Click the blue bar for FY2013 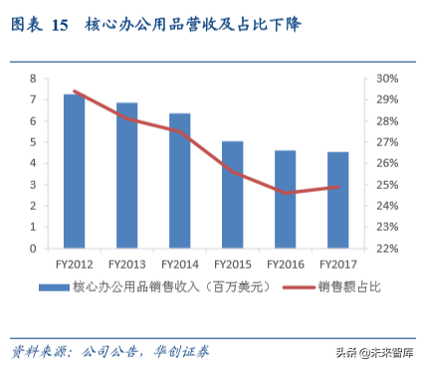[x=126, y=175]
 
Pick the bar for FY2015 [x=232, y=195]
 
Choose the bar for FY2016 [x=285, y=199]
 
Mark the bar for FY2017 [x=337, y=200]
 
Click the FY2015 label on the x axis [x=232, y=264]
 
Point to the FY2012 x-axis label [x=74, y=264]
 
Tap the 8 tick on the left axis [x=34, y=79]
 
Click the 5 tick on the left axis [x=34, y=142]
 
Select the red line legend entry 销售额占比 [x=349, y=287]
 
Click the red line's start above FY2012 [x=74, y=92]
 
